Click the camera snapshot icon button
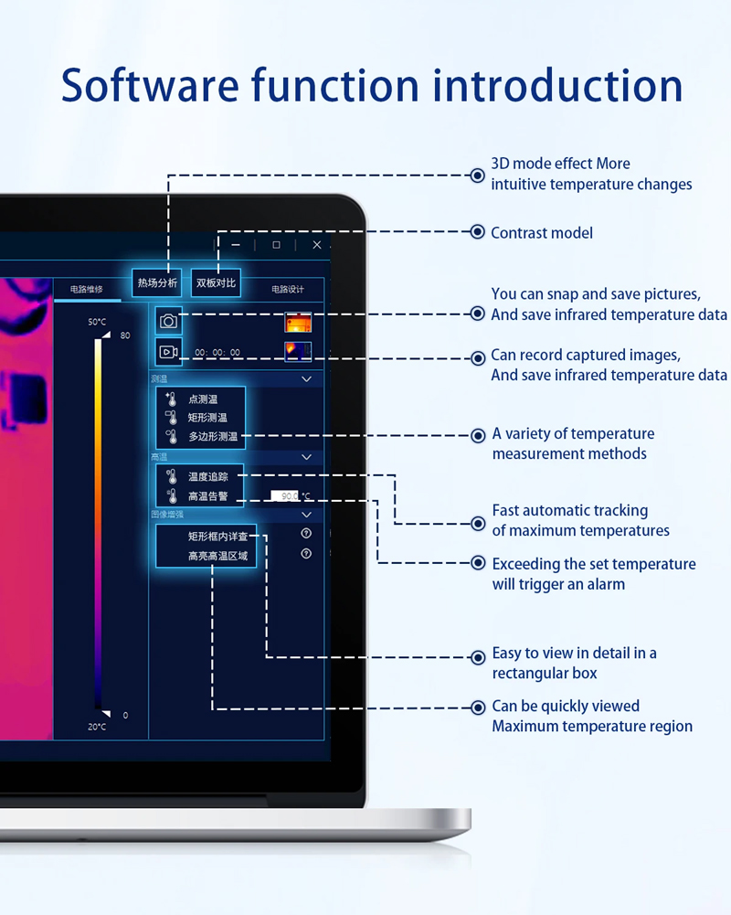coord(168,321)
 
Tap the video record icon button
coord(168,352)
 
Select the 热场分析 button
coord(157,282)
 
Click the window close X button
coord(317,245)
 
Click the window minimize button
coord(237,245)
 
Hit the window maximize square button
coord(277,245)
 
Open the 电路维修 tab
coord(86,290)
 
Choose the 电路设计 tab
coord(287,290)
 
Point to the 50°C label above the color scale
coord(97,322)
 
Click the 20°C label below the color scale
coord(97,727)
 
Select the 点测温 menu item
coord(203,399)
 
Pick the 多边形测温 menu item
coord(213,436)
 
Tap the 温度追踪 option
coord(207,476)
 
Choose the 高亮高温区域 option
coord(217,556)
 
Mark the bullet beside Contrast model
coord(477,232)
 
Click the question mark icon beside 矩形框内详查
coord(306,533)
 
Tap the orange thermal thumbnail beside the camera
coord(298,323)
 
